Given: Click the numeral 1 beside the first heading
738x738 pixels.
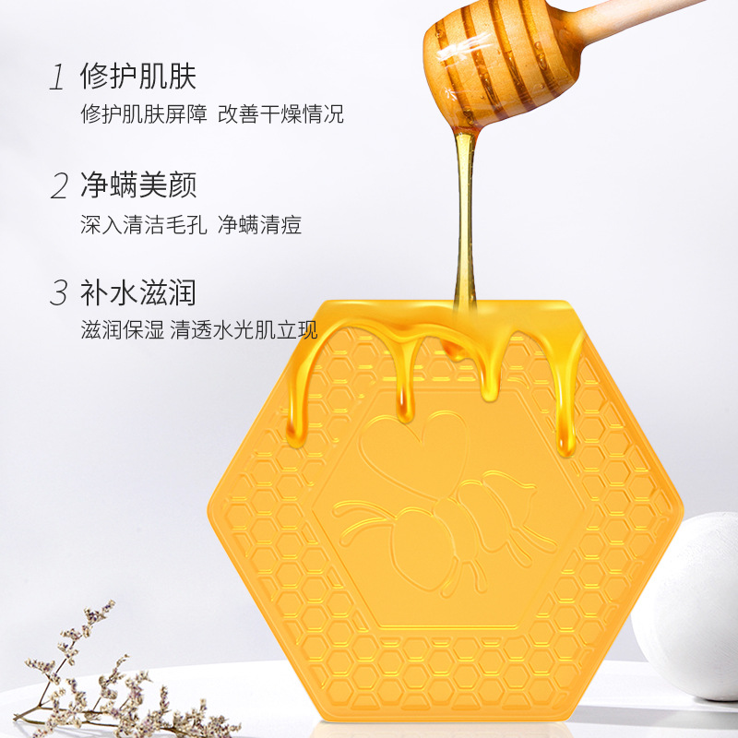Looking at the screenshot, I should [58, 77].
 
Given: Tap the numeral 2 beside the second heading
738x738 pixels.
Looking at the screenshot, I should [59, 186].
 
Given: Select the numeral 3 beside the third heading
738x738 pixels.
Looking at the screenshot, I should [59, 294].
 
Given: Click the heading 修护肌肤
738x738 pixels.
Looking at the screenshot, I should [138, 77].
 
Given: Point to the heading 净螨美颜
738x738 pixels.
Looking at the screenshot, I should [138, 185].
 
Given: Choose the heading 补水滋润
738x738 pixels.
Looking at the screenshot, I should [138, 293].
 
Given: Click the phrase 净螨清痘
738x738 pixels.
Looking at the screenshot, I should [259, 223].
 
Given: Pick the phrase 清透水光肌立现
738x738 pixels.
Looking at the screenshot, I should [244, 331].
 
